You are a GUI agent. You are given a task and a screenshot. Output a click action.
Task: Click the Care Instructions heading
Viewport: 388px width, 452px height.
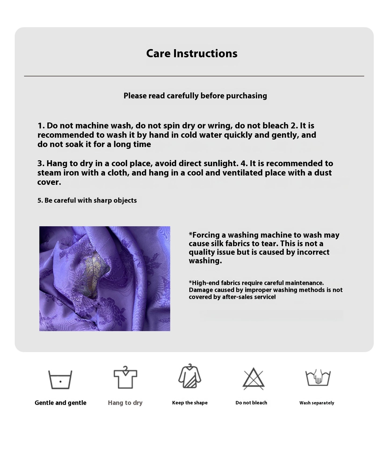click(192, 53)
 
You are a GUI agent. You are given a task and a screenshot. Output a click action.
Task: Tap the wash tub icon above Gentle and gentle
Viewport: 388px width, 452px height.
click(60, 379)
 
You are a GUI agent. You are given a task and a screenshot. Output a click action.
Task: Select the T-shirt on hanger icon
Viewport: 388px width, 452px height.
click(125, 378)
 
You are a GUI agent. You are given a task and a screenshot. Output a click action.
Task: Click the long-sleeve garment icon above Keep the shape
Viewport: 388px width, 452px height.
click(190, 376)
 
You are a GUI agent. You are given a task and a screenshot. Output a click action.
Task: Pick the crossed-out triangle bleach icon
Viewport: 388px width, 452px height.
click(253, 379)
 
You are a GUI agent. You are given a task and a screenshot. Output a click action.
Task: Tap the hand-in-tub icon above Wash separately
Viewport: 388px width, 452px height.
click(318, 378)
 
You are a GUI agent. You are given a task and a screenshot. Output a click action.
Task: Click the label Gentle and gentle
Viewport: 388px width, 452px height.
click(60, 403)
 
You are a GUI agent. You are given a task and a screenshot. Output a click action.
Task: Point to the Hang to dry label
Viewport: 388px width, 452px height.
click(125, 403)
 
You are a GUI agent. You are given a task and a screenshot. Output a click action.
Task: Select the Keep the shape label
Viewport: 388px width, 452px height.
click(190, 403)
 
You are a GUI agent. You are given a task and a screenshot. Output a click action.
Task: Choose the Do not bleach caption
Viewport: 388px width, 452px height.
click(251, 403)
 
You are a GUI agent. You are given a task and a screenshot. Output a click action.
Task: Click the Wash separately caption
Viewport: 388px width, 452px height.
click(317, 403)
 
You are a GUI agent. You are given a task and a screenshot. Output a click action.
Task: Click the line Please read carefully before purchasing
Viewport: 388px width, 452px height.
click(195, 96)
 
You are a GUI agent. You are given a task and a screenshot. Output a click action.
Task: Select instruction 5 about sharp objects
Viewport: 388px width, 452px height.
click(87, 200)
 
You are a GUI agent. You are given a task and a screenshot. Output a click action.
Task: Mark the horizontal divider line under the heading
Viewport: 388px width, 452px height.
click(194, 76)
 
